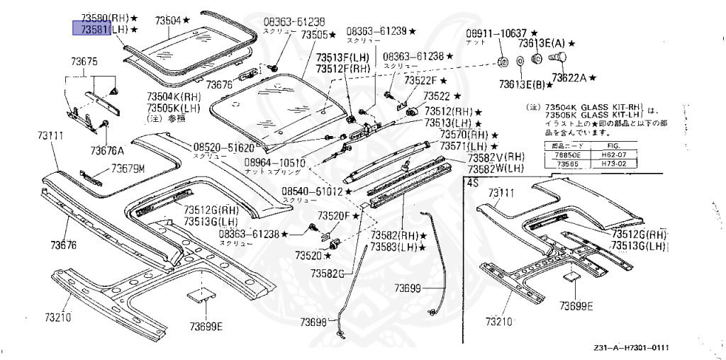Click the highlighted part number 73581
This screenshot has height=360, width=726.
(93, 29)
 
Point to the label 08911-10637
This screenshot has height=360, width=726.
(496, 33)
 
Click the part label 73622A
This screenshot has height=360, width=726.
(569, 77)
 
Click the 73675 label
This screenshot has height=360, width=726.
(79, 62)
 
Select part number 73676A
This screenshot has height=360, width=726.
(106, 150)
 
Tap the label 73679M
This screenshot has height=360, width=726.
(128, 169)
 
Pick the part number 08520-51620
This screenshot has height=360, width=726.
(223, 147)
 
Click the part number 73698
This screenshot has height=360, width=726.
(313, 322)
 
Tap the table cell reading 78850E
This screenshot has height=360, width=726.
(566, 154)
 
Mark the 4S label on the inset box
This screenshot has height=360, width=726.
(471, 182)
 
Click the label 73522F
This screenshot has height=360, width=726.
(421, 80)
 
